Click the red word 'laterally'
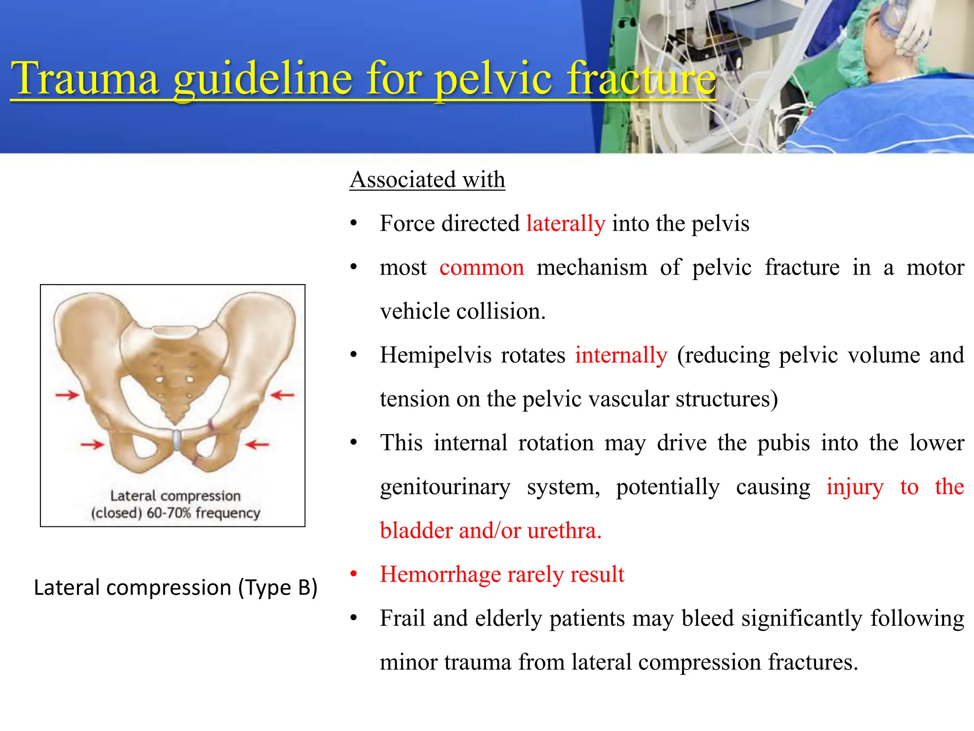tap(565, 224)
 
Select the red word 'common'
tap(481, 267)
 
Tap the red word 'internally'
tap(621, 356)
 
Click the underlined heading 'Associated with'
tap(427, 180)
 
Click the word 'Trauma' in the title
tap(85, 79)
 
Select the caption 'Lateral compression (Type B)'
tap(175, 588)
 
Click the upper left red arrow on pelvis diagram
tap(67, 395)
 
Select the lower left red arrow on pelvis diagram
tap(92, 445)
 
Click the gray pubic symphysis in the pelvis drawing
tap(176, 440)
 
